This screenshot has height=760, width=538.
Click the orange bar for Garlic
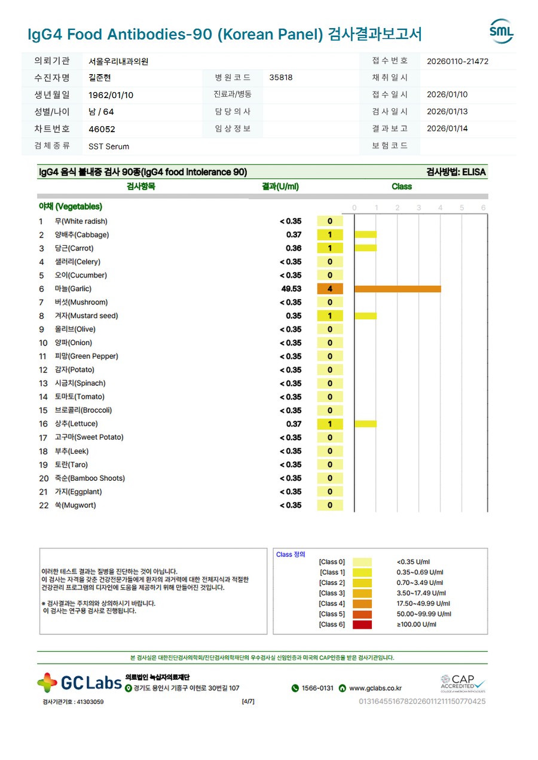point(398,289)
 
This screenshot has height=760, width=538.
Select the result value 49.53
point(291,289)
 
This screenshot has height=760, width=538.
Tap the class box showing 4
point(330,289)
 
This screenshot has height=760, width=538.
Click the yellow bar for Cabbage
point(365,235)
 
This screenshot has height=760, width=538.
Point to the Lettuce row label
point(76,424)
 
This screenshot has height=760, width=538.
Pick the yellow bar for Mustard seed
point(365,316)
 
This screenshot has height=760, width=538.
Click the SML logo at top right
point(501,31)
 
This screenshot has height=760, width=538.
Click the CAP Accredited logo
point(463,682)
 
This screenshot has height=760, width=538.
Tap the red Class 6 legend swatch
point(362,624)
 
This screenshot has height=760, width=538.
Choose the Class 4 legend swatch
point(362,603)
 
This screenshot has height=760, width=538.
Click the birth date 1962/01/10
point(111,95)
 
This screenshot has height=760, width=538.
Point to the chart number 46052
point(102,129)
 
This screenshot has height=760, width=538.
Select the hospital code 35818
point(281,78)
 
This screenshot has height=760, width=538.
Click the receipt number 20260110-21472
point(457,61)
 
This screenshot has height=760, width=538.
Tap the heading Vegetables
point(71,207)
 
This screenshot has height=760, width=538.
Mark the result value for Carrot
point(294,248)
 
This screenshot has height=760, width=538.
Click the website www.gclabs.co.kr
point(375,688)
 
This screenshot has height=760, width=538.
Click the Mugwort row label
point(75,505)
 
